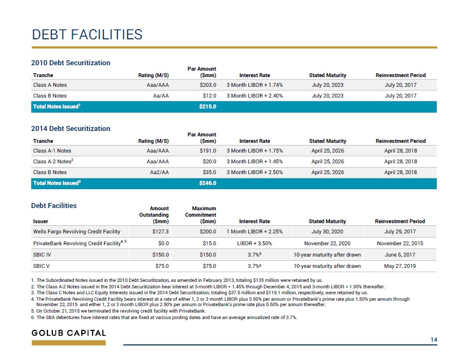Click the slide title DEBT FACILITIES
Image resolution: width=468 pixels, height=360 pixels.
click(x=87, y=34)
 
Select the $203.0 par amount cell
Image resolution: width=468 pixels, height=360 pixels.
click(x=208, y=85)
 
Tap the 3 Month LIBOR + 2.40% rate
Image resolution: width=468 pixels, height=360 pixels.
click(x=255, y=95)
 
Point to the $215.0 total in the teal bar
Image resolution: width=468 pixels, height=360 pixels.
click(x=208, y=106)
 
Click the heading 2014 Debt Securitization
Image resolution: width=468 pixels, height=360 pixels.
click(x=71, y=128)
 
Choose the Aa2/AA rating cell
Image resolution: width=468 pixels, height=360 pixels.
click(x=159, y=172)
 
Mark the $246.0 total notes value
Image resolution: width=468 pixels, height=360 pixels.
click(x=208, y=183)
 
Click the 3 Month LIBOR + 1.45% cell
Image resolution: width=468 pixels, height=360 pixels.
click(x=255, y=161)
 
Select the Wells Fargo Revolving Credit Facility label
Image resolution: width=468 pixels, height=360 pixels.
click(x=76, y=232)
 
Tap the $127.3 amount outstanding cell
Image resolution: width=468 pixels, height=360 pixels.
click(x=160, y=232)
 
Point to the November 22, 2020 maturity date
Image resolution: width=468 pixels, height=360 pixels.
click(x=327, y=243)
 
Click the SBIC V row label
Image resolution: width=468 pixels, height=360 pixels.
click(x=41, y=266)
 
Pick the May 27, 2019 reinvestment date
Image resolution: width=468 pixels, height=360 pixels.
click(x=400, y=266)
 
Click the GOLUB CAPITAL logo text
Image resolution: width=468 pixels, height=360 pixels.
click(x=69, y=333)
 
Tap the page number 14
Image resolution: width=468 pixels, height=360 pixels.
click(x=434, y=340)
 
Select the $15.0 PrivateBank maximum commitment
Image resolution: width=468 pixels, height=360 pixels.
click(x=209, y=243)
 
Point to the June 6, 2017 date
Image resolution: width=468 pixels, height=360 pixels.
click(x=400, y=254)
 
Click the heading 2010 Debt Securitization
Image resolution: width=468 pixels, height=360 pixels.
click(x=71, y=63)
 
